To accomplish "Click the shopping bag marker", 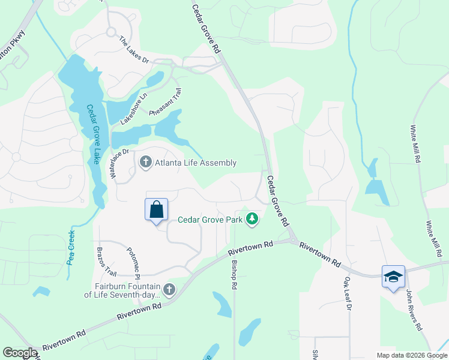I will coord(156,210).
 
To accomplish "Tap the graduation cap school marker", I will coord(393,277).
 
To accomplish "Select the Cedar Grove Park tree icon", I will coord(253,220).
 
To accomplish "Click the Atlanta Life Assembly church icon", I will coord(145,163).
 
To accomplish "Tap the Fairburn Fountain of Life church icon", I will coord(169,290).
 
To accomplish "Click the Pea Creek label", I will coord(72,247).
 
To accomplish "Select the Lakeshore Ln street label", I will coord(134,109).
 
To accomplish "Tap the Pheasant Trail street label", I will coord(167,103).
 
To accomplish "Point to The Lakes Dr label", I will coord(133,49).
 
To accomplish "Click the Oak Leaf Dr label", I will coord(347,293).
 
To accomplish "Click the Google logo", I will coord(20,353).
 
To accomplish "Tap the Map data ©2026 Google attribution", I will coord(411,355).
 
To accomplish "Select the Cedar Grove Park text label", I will coord(210,220).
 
